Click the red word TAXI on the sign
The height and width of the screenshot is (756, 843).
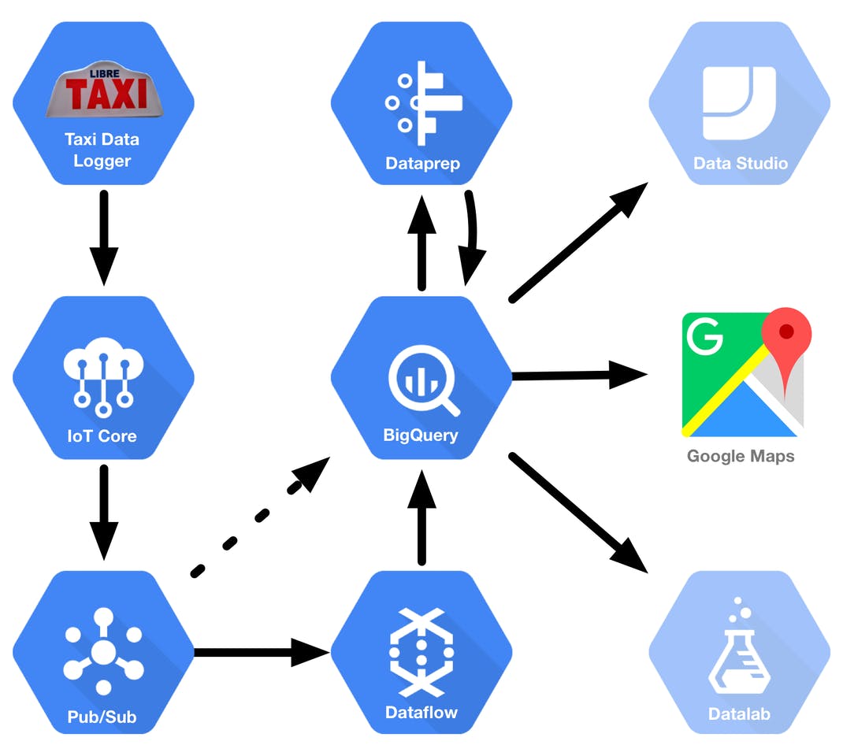106,94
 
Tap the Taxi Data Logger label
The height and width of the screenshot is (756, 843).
102,150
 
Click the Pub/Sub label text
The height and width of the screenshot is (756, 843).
102,717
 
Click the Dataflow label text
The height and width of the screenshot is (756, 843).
421,713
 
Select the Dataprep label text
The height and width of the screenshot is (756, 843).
422,164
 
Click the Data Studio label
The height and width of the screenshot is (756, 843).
740,164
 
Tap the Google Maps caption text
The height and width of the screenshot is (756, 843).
740,456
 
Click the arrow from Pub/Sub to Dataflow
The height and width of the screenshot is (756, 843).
260,651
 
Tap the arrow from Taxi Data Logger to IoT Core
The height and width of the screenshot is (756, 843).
103,236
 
